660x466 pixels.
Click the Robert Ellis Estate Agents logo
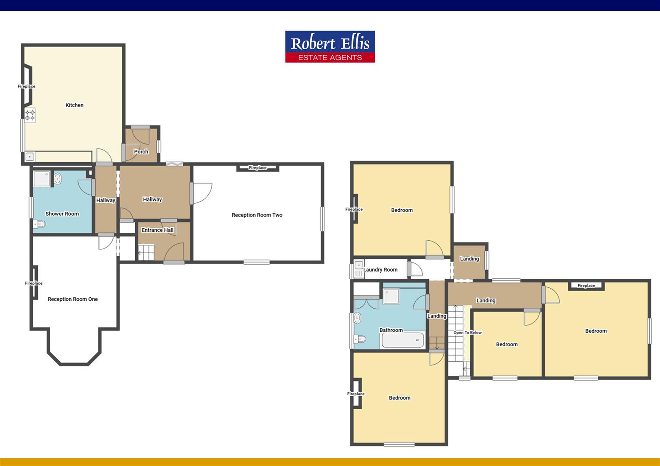330,47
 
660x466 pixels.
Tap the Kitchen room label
75,105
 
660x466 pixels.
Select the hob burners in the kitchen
30,115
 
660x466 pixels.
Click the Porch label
141,151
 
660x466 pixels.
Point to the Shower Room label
62,214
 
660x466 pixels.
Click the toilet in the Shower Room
39,224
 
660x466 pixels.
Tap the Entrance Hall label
158,230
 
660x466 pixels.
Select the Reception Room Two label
257,215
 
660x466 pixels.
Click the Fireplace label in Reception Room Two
257,167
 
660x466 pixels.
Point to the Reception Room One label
73,299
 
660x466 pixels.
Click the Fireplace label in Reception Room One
34,283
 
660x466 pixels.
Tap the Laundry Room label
381,270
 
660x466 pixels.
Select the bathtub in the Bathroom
403,340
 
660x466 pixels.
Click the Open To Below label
468,332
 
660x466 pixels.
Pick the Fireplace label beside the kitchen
26,86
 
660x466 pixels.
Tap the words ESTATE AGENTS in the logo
330,57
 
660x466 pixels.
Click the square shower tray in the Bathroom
391,296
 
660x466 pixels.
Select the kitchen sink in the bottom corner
30,157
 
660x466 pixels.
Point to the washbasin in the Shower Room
58,179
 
